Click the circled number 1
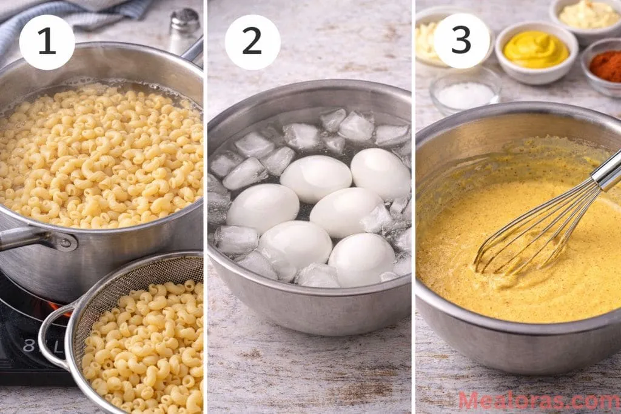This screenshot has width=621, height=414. tap(47, 42)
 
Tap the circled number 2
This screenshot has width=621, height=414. tap(252, 42)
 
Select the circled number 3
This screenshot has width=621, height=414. tap(461, 41)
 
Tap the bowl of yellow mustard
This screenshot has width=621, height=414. tap(536, 51)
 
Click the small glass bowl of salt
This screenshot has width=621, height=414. tap(466, 94)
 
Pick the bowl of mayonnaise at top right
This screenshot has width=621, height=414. tap(588, 15)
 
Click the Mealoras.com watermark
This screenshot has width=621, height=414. tap(539, 400)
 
